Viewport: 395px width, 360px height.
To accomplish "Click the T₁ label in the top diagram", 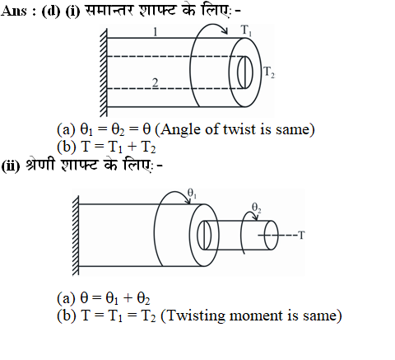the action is click(246, 30).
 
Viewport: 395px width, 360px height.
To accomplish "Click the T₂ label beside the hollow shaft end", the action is click(269, 72).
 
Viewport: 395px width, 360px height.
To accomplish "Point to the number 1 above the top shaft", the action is click(156, 32).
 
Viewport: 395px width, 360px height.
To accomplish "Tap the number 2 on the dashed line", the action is click(156, 82).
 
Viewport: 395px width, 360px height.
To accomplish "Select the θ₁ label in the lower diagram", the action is click(192, 193).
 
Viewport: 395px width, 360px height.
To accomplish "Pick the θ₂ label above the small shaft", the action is click(257, 208).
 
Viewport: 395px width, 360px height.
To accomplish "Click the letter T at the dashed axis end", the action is click(301, 236).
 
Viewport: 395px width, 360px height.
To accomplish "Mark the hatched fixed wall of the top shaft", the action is click(104, 71).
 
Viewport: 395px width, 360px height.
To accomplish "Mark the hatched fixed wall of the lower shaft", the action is click(76, 236).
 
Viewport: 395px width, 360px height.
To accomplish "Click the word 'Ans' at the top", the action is click(14, 12).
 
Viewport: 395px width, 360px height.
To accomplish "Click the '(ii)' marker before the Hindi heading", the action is click(11, 166).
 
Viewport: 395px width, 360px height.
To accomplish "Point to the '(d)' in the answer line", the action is click(51, 12).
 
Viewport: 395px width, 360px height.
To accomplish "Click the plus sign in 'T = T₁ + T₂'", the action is click(132, 147).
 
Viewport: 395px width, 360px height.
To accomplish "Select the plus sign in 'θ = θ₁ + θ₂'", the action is click(128, 298).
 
